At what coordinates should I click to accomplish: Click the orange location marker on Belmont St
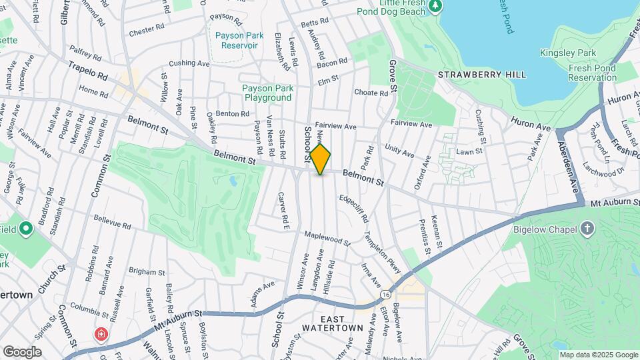[x=321, y=159]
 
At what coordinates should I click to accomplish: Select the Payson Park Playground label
[x=267, y=93]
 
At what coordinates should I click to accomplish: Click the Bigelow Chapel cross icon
[x=587, y=230]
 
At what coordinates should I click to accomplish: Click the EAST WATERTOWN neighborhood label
[x=331, y=323]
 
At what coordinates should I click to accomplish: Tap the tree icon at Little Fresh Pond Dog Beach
[x=436, y=6]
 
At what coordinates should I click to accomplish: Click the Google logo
[x=22, y=351]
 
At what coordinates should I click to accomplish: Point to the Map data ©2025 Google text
[x=599, y=355]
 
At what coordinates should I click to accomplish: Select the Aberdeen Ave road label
[x=569, y=159]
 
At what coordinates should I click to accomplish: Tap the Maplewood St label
[x=327, y=238]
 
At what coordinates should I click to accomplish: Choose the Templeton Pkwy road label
[x=381, y=253]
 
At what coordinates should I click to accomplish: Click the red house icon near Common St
[x=101, y=333]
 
